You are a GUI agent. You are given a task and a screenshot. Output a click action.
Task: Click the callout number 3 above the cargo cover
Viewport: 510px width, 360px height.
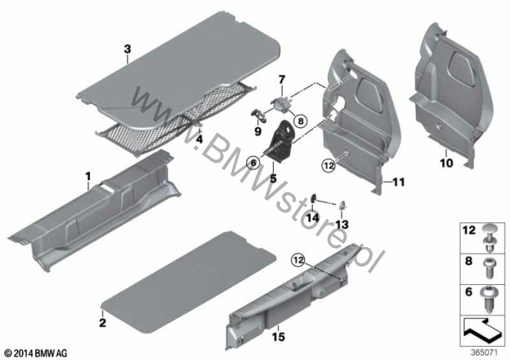pos(127,48)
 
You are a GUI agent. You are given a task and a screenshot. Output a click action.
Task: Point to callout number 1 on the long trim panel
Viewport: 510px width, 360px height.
pos(88,176)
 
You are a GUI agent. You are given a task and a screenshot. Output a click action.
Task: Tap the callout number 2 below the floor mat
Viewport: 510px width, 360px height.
pos(103,322)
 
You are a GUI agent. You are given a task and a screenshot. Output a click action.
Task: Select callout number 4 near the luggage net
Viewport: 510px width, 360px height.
pos(198,138)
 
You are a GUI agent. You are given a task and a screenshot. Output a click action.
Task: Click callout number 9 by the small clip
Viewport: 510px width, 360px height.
pos(259,131)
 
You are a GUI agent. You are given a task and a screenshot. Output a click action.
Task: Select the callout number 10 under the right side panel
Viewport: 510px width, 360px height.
pos(446,159)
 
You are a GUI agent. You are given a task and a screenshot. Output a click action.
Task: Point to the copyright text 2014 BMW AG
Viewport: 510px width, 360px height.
pos(35,351)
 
